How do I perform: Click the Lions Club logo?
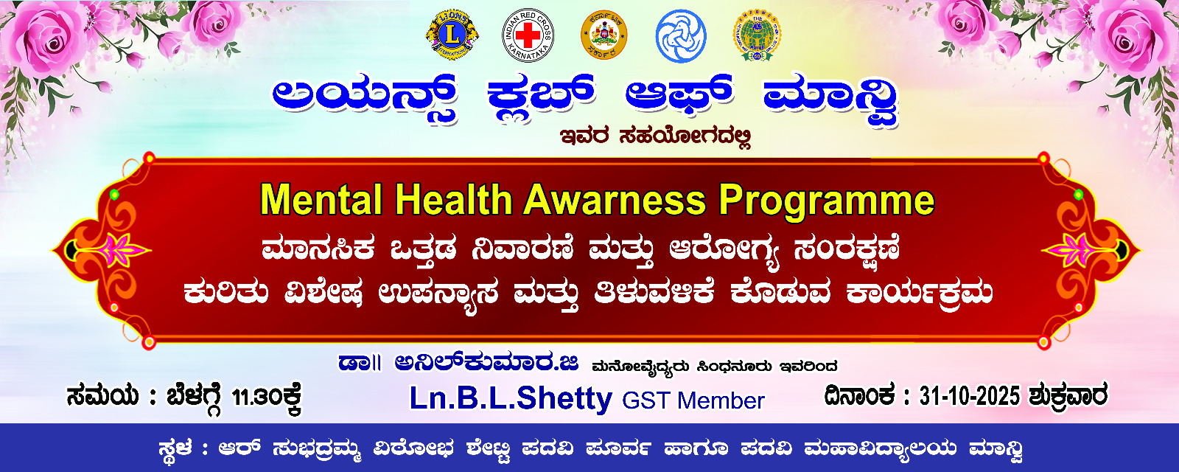pyautogui.click(x=452, y=35)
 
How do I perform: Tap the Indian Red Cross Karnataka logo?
pyautogui.click(x=528, y=35)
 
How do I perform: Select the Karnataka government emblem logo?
pyautogui.click(x=604, y=35)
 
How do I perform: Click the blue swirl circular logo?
pyautogui.click(x=680, y=35)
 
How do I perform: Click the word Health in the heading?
pyautogui.click(x=453, y=200)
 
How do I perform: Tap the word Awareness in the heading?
pyautogui.click(x=615, y=200)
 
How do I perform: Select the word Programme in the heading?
pyautogui.click(x=827, y=201)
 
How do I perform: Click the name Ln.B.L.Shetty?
pyautogui.click(x=511, y=399)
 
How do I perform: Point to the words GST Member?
pyautogui.click(x=693, y=400)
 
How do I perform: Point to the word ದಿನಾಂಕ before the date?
pyautogui.click(x=859, y=396)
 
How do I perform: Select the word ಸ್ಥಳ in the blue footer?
pyautogui.click(x=175, y=448)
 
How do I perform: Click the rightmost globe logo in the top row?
pyautogui.click(x=757, y=35)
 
